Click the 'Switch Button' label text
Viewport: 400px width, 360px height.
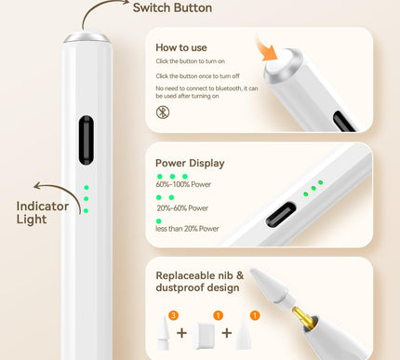[x=172, y=8]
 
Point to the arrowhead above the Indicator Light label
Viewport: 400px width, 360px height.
[x=37, y=187]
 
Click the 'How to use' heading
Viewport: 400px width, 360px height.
[x=181, y=47]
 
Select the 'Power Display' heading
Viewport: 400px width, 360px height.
[x=190, y=163]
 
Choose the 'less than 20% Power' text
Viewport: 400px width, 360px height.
[x=188, y=228]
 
